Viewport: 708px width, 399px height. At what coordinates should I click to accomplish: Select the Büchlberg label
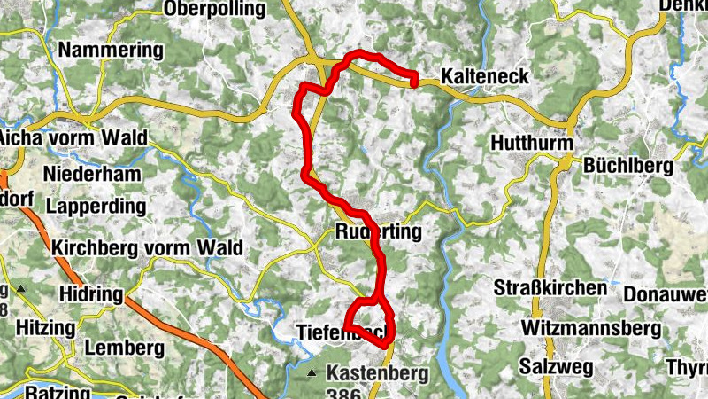[628, 165]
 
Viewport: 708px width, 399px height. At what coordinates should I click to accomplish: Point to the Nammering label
[111, 50]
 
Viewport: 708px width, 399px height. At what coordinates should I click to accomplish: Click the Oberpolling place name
[214, 9]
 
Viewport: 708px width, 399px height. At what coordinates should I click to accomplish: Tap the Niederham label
[91, 174]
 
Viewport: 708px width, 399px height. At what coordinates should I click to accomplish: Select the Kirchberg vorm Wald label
[147, 247]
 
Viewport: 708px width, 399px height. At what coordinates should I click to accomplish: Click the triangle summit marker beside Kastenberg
[312, 373]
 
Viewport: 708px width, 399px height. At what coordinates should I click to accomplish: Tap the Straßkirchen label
[550, 288]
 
